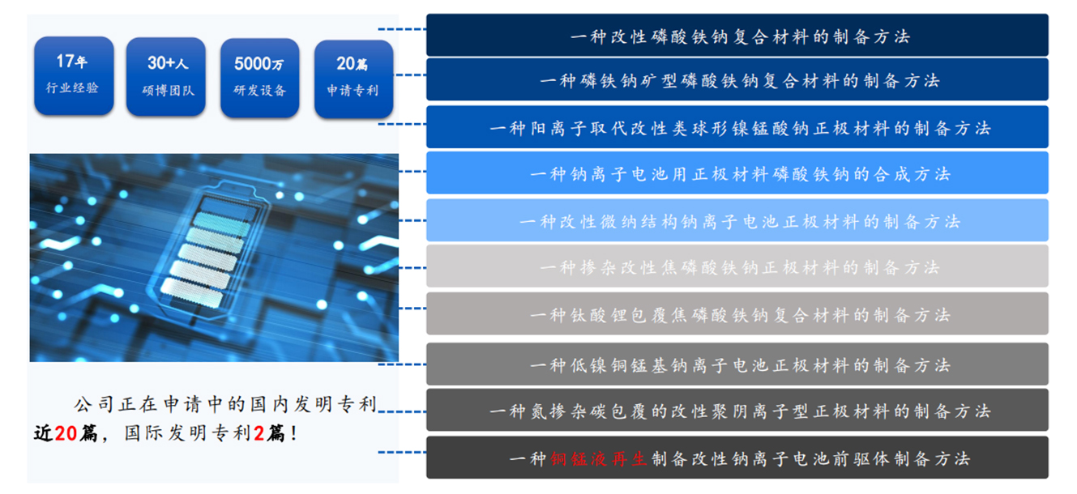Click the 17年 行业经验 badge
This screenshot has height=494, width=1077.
(74, 75)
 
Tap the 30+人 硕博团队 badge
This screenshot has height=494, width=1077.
(166, 77)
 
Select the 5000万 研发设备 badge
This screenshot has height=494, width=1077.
(260, 78)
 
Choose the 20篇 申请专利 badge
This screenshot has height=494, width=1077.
(354, 79)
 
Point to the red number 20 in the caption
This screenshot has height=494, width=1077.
(66, 433)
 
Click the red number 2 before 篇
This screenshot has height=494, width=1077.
(259, 433)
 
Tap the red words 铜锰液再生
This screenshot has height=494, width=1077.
(598, 459)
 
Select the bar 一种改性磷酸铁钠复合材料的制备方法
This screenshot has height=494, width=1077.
(737, 35)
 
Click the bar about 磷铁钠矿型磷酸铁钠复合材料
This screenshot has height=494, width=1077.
(737, 79)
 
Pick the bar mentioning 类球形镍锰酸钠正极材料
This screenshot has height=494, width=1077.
(737, 127)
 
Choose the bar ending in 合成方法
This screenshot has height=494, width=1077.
(737, 173)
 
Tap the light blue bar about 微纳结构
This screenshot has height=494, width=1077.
(737, 220)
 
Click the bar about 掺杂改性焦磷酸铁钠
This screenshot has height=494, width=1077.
(737, 266)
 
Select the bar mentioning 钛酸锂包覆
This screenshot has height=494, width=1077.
(737, 313)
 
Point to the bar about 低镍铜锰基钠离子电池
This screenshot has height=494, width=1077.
(737, 364)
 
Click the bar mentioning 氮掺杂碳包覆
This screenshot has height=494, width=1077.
(737, 410)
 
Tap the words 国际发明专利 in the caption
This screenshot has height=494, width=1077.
(187, 433)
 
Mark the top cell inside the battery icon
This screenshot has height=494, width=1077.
(226, 207)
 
